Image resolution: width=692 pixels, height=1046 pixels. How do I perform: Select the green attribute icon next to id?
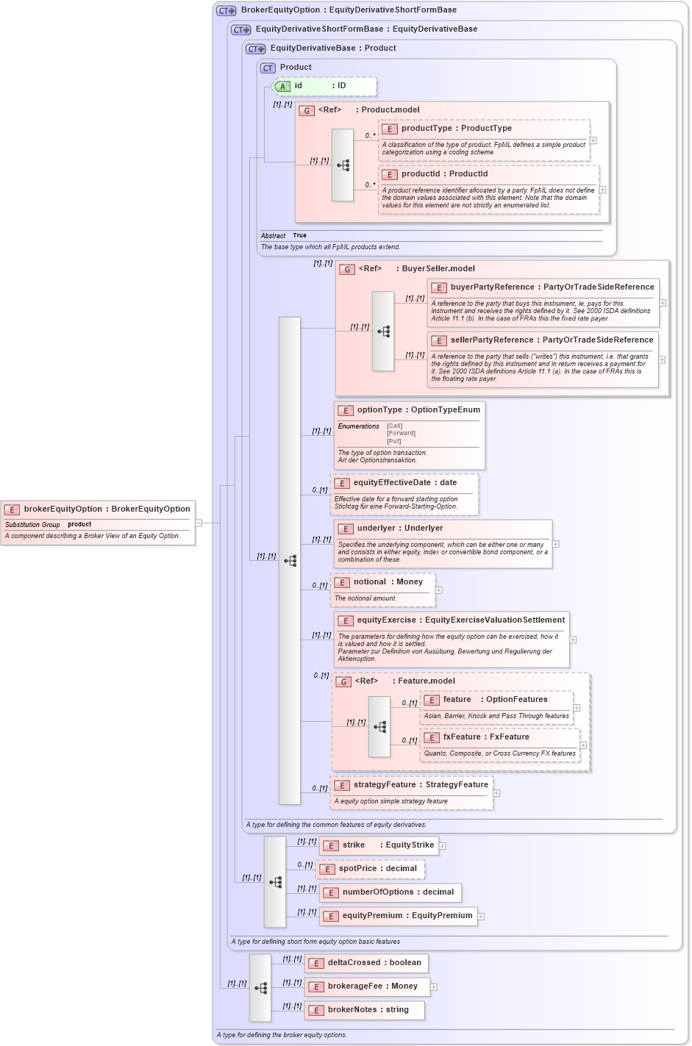282,87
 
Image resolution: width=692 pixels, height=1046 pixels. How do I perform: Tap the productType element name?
427,129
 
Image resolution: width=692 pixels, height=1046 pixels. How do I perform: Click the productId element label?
421,174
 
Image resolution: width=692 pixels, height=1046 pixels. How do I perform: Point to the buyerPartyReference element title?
492,287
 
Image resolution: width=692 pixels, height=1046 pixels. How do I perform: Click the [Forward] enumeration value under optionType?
401,433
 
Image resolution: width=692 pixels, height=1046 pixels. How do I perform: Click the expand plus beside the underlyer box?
556,544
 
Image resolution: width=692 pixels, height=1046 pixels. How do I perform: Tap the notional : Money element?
388,582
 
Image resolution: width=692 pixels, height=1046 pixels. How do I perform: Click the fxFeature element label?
461,737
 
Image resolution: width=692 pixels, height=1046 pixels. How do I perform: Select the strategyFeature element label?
384,785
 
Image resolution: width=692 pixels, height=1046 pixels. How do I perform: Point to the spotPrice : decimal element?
377,869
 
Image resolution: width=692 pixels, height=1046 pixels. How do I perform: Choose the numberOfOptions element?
397,892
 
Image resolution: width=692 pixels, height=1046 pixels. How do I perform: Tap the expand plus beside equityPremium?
481,916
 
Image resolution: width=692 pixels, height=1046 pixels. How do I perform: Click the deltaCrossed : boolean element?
374,963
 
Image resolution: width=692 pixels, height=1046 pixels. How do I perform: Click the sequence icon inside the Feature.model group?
379,727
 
